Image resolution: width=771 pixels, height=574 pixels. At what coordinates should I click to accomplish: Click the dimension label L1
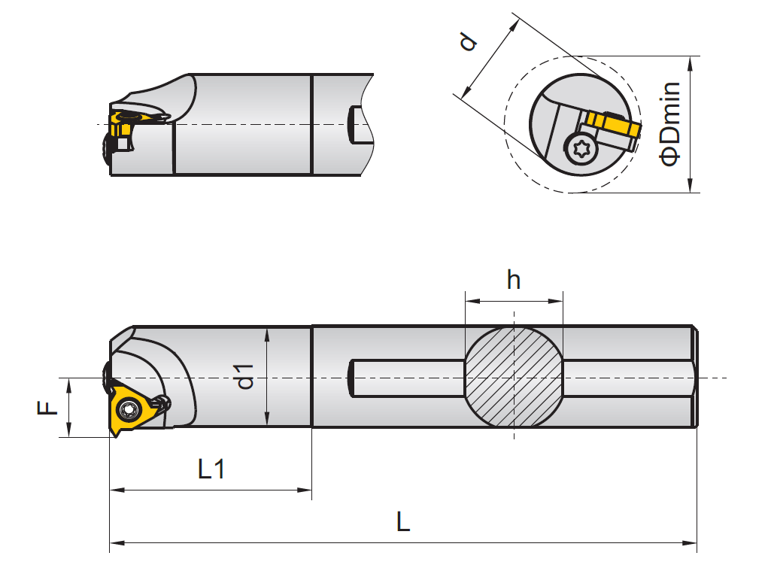coord(211,469)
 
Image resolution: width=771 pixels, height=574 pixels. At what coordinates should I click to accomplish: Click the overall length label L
coord(403,521)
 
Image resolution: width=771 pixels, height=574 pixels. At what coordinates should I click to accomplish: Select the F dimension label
coord(47,408)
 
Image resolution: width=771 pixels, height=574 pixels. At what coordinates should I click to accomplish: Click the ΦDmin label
coord(670,124)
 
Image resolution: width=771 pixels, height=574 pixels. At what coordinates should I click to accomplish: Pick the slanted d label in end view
coord(468,41)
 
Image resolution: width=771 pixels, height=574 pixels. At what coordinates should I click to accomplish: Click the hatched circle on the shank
coord(514,377)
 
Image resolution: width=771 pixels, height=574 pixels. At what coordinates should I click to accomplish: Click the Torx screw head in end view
coord(581,148)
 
